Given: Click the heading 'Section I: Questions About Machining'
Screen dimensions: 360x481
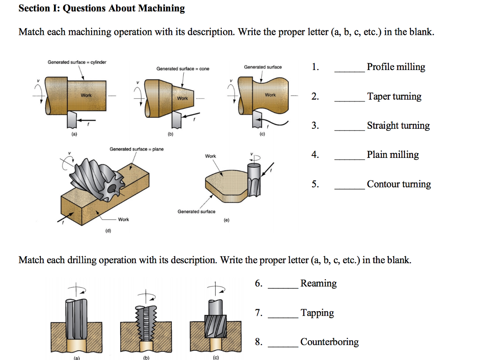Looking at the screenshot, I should [x=101, y=8].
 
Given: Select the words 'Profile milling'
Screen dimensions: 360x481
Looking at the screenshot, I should [x=396, y=67].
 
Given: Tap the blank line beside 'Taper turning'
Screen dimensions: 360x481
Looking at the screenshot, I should [x=349, y=101].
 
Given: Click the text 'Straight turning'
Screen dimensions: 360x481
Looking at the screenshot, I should [x=398, y=126].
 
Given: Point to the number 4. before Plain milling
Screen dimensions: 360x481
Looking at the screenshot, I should [x=315, y=155].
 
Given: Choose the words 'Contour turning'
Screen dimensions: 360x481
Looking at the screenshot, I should [x=399, y=184].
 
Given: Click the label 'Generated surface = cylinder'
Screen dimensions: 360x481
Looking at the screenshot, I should [x=77, y=62].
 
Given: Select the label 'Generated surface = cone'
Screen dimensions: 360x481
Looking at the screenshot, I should [x=183, y=69].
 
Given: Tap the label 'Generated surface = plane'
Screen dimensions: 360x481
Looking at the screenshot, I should [x=137, y=149].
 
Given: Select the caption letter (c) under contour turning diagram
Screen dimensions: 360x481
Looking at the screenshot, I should [x=262, y=133].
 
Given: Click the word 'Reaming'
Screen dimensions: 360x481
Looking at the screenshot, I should [x=318, y=283].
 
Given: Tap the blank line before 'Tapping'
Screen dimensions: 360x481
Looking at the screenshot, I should [x=283, y=317].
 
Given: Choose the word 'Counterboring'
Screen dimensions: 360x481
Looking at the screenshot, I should [x=329, y=342].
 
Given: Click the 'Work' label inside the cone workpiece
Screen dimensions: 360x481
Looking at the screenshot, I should [x=182, y=98].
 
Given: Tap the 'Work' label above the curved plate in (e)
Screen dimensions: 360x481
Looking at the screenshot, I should [x=210, y=156].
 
